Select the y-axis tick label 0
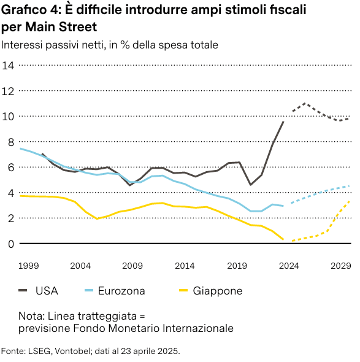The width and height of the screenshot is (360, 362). (10, 244)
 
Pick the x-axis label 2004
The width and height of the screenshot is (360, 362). (80, 266)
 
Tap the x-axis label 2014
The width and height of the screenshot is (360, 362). (185, 266)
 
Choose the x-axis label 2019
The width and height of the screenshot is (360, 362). (237, 266)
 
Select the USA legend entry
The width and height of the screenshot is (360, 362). (47, 291)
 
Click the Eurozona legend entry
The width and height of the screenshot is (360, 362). (121, 291)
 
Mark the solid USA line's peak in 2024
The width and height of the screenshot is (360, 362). (283, 121)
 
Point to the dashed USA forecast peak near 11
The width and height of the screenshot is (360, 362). (305, 103)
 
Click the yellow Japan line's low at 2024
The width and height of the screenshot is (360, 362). (283, 240)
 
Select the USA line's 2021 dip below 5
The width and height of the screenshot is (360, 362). (251, 185)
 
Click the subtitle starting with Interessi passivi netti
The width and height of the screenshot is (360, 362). (110, 45)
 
